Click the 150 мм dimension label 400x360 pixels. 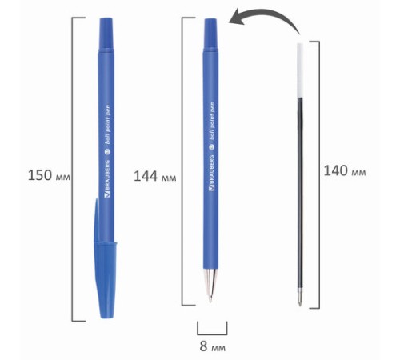pyautogui.click(x=49, y=175)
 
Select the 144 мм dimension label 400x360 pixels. pyautogui.click(x=154, y=176)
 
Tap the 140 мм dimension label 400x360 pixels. pyautogui.click(x=345, y=170)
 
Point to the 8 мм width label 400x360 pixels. pyautogui.click(x=212, y=346)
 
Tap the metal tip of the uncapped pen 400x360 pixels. pyautogui.click(x=210, y=286)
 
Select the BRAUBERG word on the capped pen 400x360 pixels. pyautogui.click(x=107, y=179)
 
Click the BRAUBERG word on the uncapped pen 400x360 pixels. pyautogui.click(x=212, y=173)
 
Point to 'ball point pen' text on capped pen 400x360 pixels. pyautogui.click(x=108, y=124)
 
